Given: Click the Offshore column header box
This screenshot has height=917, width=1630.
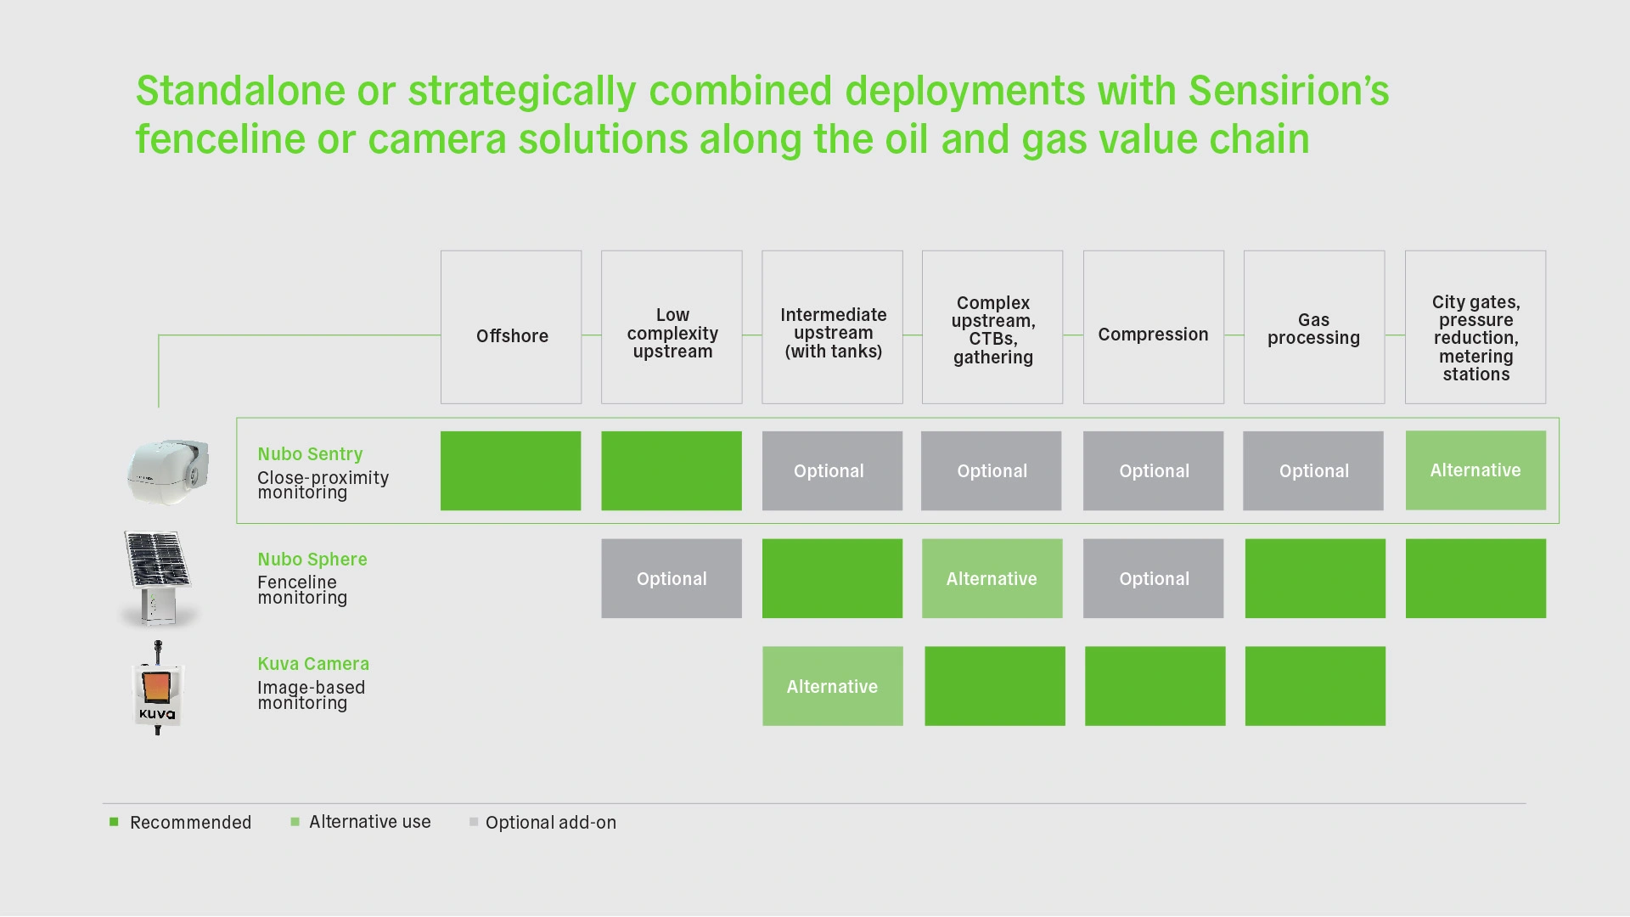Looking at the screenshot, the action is coord(511,327).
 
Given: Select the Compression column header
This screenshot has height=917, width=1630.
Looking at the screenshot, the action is coord(1154,327).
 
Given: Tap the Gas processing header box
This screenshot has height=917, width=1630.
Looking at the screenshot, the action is coord(1314,327).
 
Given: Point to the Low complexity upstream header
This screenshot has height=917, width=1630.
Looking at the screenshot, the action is coord(672,327).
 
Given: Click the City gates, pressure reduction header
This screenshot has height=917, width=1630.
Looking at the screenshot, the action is coord(1475,327).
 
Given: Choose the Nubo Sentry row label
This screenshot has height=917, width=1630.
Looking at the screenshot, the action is coord(310,454).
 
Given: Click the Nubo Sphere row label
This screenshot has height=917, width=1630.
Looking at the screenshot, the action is coord(312,560).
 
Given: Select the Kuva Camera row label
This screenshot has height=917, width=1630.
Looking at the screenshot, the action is coord(313,664).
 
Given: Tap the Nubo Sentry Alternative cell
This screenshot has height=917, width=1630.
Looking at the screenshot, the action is coord(1475,470).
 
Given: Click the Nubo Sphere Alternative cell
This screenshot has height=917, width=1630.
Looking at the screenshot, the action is coord(992,578).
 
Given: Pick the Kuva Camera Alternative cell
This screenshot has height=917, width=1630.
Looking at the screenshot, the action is coord(832,686).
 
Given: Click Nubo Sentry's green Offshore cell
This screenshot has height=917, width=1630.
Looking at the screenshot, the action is coord(510,470).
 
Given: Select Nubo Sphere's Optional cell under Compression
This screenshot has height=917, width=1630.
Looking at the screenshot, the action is coord(1153,578).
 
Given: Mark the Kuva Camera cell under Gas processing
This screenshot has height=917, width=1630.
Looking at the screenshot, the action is coord(1315,686).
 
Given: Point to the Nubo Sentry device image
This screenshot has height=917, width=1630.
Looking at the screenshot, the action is coord(168,472).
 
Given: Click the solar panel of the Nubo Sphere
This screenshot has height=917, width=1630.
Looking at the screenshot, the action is coord(156,560).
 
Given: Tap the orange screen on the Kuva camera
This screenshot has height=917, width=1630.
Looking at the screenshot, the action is coord(156,686).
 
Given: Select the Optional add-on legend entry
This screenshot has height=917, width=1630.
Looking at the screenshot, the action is coord(542,822).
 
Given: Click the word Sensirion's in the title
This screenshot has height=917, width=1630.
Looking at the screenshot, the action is coord(1289,91).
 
